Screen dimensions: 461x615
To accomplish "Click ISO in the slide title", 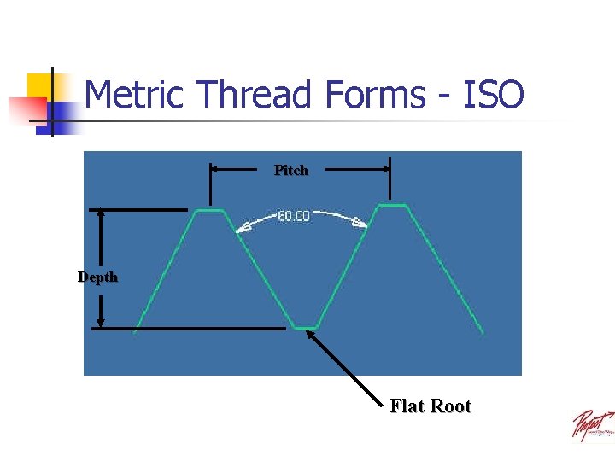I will tap(493, 94).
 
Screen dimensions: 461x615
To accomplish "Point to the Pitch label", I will tap(291, 171).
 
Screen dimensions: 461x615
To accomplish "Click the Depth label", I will tap(98, 277).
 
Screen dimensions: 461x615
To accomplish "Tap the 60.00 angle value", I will tap(294, 217).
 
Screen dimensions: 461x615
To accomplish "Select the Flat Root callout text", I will tap(430, 406).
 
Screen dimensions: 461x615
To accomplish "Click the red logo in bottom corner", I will tap(592, 424).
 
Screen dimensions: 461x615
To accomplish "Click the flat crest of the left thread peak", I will tap(209, 210).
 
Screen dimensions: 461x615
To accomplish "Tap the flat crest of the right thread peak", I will tap(392, 205).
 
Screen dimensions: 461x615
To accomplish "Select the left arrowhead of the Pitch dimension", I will tap(215, 170).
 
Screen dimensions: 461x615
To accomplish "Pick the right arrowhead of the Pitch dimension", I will tap(384, 170).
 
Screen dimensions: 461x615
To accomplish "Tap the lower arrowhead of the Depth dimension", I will tap(101, 322).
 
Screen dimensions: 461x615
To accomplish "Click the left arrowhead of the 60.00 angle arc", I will tap(243, 227).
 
